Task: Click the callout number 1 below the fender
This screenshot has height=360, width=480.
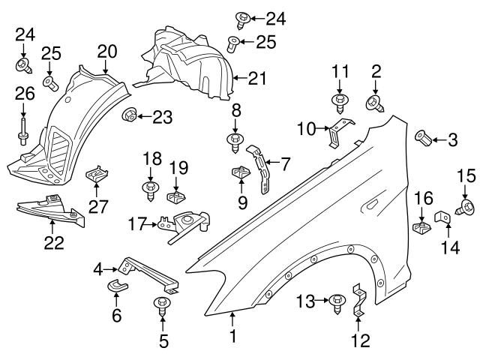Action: point(232,337)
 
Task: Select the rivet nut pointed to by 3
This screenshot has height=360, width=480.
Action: point(424,138)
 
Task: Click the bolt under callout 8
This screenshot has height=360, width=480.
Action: point(235,140)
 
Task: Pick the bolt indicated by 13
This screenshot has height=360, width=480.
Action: point(336,301)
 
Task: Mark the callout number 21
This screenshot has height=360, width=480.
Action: point(259,76)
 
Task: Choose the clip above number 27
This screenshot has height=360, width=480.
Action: point(95,175)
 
